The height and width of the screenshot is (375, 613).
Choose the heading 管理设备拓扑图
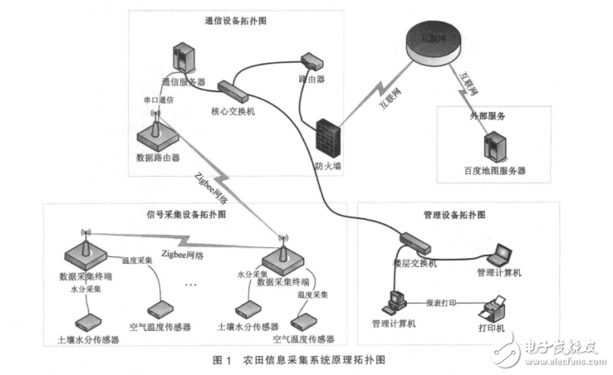[456, 213]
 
